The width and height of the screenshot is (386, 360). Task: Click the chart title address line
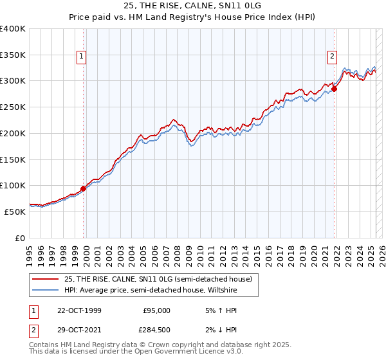click(x=192, y=6)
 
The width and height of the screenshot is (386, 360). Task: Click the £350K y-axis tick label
click(x=13, y=55)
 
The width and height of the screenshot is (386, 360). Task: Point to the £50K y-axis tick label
click(x=15, y=212)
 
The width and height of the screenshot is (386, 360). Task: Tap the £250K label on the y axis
click(x=13, y=107)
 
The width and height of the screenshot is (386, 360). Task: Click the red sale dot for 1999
click(x=84, y=189)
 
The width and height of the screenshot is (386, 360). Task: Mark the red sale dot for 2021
click(x=335, y=89)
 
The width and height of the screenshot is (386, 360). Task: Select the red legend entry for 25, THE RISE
click(x=160, y=280)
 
